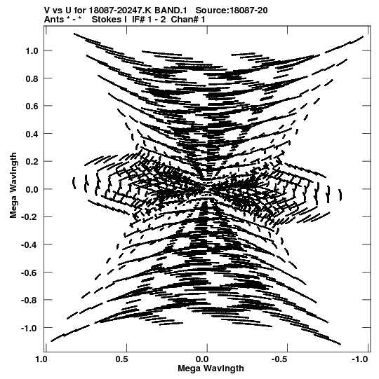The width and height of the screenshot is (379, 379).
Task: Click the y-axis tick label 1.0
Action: [x=32, y=51]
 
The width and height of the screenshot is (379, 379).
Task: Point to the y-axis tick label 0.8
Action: [x=32, y=78]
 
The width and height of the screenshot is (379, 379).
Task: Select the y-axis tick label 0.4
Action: [x=32, y=134]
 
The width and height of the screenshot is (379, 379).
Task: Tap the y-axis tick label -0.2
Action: [x=29, y=217]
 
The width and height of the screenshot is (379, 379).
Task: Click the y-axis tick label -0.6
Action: [x=29, y=273]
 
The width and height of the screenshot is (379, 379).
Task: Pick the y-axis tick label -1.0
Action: [x=29, y=328]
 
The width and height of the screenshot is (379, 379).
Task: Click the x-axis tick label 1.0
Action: [x=41, y=359]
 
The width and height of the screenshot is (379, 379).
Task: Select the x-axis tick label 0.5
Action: [x=122, y=359]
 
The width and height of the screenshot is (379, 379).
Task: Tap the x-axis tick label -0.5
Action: [x=281, y=359]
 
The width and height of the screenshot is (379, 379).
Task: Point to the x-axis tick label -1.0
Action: [x=359, y=359]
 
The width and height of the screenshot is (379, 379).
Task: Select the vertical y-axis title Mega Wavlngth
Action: [x=13, y=186]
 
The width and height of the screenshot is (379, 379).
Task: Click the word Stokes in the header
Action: [x=109, y=20]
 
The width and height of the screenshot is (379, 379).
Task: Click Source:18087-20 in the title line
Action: [x=232, y=11]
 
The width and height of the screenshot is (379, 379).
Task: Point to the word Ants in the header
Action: [x=54, y=20]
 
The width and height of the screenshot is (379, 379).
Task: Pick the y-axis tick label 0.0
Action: [x=32, y=189]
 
